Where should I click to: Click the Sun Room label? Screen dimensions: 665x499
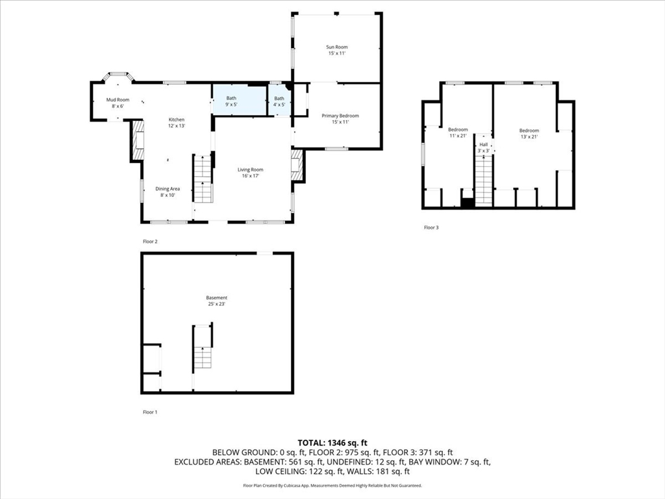[x=337, y=50]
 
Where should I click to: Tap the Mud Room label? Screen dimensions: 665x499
[x=118, y=103]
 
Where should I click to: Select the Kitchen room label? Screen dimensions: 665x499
[x=177, y=123]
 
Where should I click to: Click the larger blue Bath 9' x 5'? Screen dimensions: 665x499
[x=240, y=101]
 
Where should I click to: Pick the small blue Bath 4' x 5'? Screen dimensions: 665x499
[x=279, y=101]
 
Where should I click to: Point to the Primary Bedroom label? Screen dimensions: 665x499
[x=340, y=119]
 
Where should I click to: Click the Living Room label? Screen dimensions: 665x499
[x=250, y=173]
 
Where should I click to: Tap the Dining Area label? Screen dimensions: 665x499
[x=168, y=192]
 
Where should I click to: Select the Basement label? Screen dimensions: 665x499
[x=217, y=301]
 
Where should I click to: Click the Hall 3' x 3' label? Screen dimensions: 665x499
[x=483, y=147]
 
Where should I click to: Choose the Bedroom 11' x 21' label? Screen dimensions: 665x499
[x=458, y=133]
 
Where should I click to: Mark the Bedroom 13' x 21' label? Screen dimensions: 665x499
[x=529, y=134]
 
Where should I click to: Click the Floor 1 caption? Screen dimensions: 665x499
[x=150, y=412]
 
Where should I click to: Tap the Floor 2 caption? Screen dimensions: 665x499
[x=150, y=242]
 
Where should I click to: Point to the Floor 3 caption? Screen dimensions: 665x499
[x=431, y=227]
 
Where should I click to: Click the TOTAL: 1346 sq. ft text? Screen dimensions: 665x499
[x=332, y=443]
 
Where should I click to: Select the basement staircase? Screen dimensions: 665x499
[x=203, y=357]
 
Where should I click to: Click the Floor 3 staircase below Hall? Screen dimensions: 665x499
[x=483, y=181]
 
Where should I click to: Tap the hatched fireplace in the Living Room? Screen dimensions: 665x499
[x=296, y=165]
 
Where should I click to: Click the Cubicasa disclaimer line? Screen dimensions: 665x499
[x=332, y=485]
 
